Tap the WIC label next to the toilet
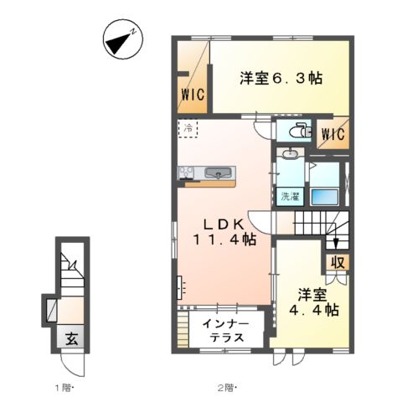pos(332,133)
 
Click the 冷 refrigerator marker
pos(188,130)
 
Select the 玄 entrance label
pos(74,340)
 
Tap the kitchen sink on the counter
pos(220,173)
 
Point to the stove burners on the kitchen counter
pos(186,173)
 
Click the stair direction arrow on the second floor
pos(335,242)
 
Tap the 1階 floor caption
pos(66,387)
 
